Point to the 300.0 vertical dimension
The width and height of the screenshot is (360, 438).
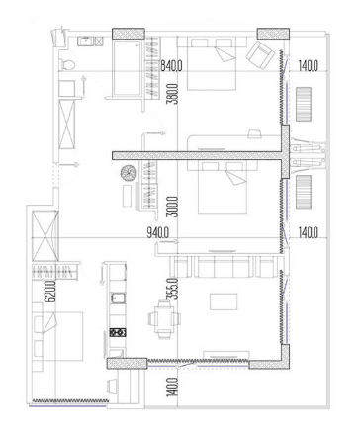[x=174, y=208]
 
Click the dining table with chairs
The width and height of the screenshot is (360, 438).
[x=162, y=319]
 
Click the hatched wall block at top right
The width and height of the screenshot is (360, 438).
[x=272, y=35]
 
